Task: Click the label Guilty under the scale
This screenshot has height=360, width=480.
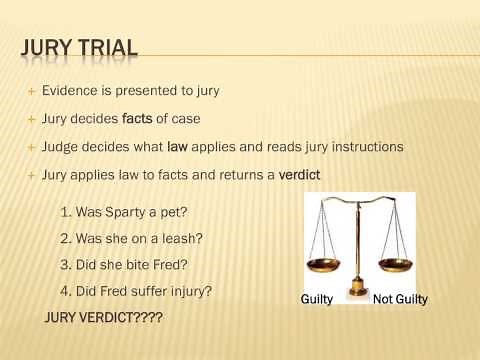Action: [317, 299]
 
